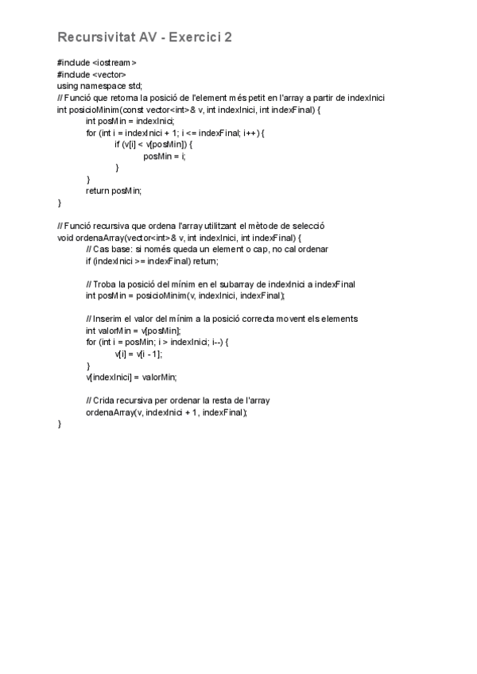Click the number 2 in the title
tap(227, 37)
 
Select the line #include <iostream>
tap(96, 63)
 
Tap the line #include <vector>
tap(91, 75)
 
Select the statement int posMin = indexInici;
tap(130, 121)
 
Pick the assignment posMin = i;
tap(165, 156)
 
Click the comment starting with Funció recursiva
tap(191, 226)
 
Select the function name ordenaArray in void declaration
tap(98, 238)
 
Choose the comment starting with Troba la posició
tap(220, 284)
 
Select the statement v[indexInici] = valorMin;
tap(131, 378)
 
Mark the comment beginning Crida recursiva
tap(182, 401)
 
